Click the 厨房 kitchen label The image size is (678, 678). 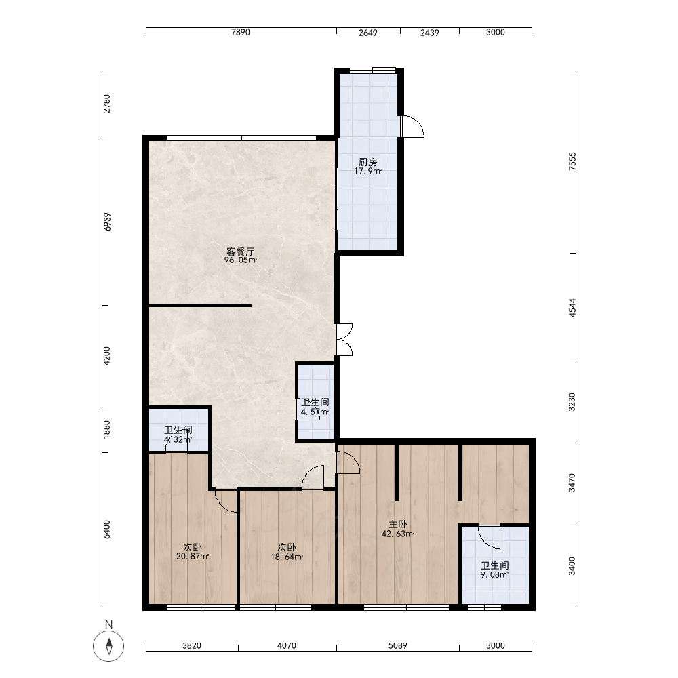368,162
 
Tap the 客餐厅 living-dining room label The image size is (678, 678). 241,252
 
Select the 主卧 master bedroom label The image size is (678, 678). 398,525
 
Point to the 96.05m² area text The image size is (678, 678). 241,260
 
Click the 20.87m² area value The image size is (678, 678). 193,557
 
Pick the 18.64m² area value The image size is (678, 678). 287,557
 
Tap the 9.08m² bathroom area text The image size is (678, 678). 495,575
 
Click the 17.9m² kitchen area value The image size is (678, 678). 368,172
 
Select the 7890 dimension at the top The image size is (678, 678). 241,33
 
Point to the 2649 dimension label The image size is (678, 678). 368,33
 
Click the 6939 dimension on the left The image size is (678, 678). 107,222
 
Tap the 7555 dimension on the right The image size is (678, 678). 572,161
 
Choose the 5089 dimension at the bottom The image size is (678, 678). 397,645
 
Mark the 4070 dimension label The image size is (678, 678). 287,645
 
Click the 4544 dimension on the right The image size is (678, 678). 572,308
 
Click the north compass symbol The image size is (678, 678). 108,646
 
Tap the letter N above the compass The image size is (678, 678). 108,624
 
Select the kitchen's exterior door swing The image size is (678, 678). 413,126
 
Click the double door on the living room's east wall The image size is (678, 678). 344,340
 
